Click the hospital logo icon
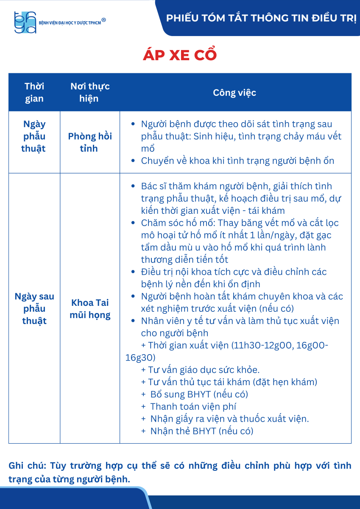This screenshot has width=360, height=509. click(25, 22)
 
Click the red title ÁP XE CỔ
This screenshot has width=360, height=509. click(180, 55)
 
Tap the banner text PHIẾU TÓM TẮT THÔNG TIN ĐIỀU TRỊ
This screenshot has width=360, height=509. click(261, 18)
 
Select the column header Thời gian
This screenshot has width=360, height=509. click(34, 92)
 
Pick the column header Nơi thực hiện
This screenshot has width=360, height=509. click(90, 92)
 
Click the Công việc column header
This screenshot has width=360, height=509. click(234, 92)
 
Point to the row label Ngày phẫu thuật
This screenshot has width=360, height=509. click(34, 136)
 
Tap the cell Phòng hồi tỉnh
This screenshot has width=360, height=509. click(90, 143)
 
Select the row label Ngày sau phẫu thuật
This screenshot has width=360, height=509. click(34, 308)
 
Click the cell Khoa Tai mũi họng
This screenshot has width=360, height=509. click(90, 309)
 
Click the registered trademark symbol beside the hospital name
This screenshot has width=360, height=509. click(104, 20)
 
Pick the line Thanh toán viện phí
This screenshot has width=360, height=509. click(193, 406)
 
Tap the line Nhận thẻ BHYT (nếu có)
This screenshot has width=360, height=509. click(201, 431)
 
